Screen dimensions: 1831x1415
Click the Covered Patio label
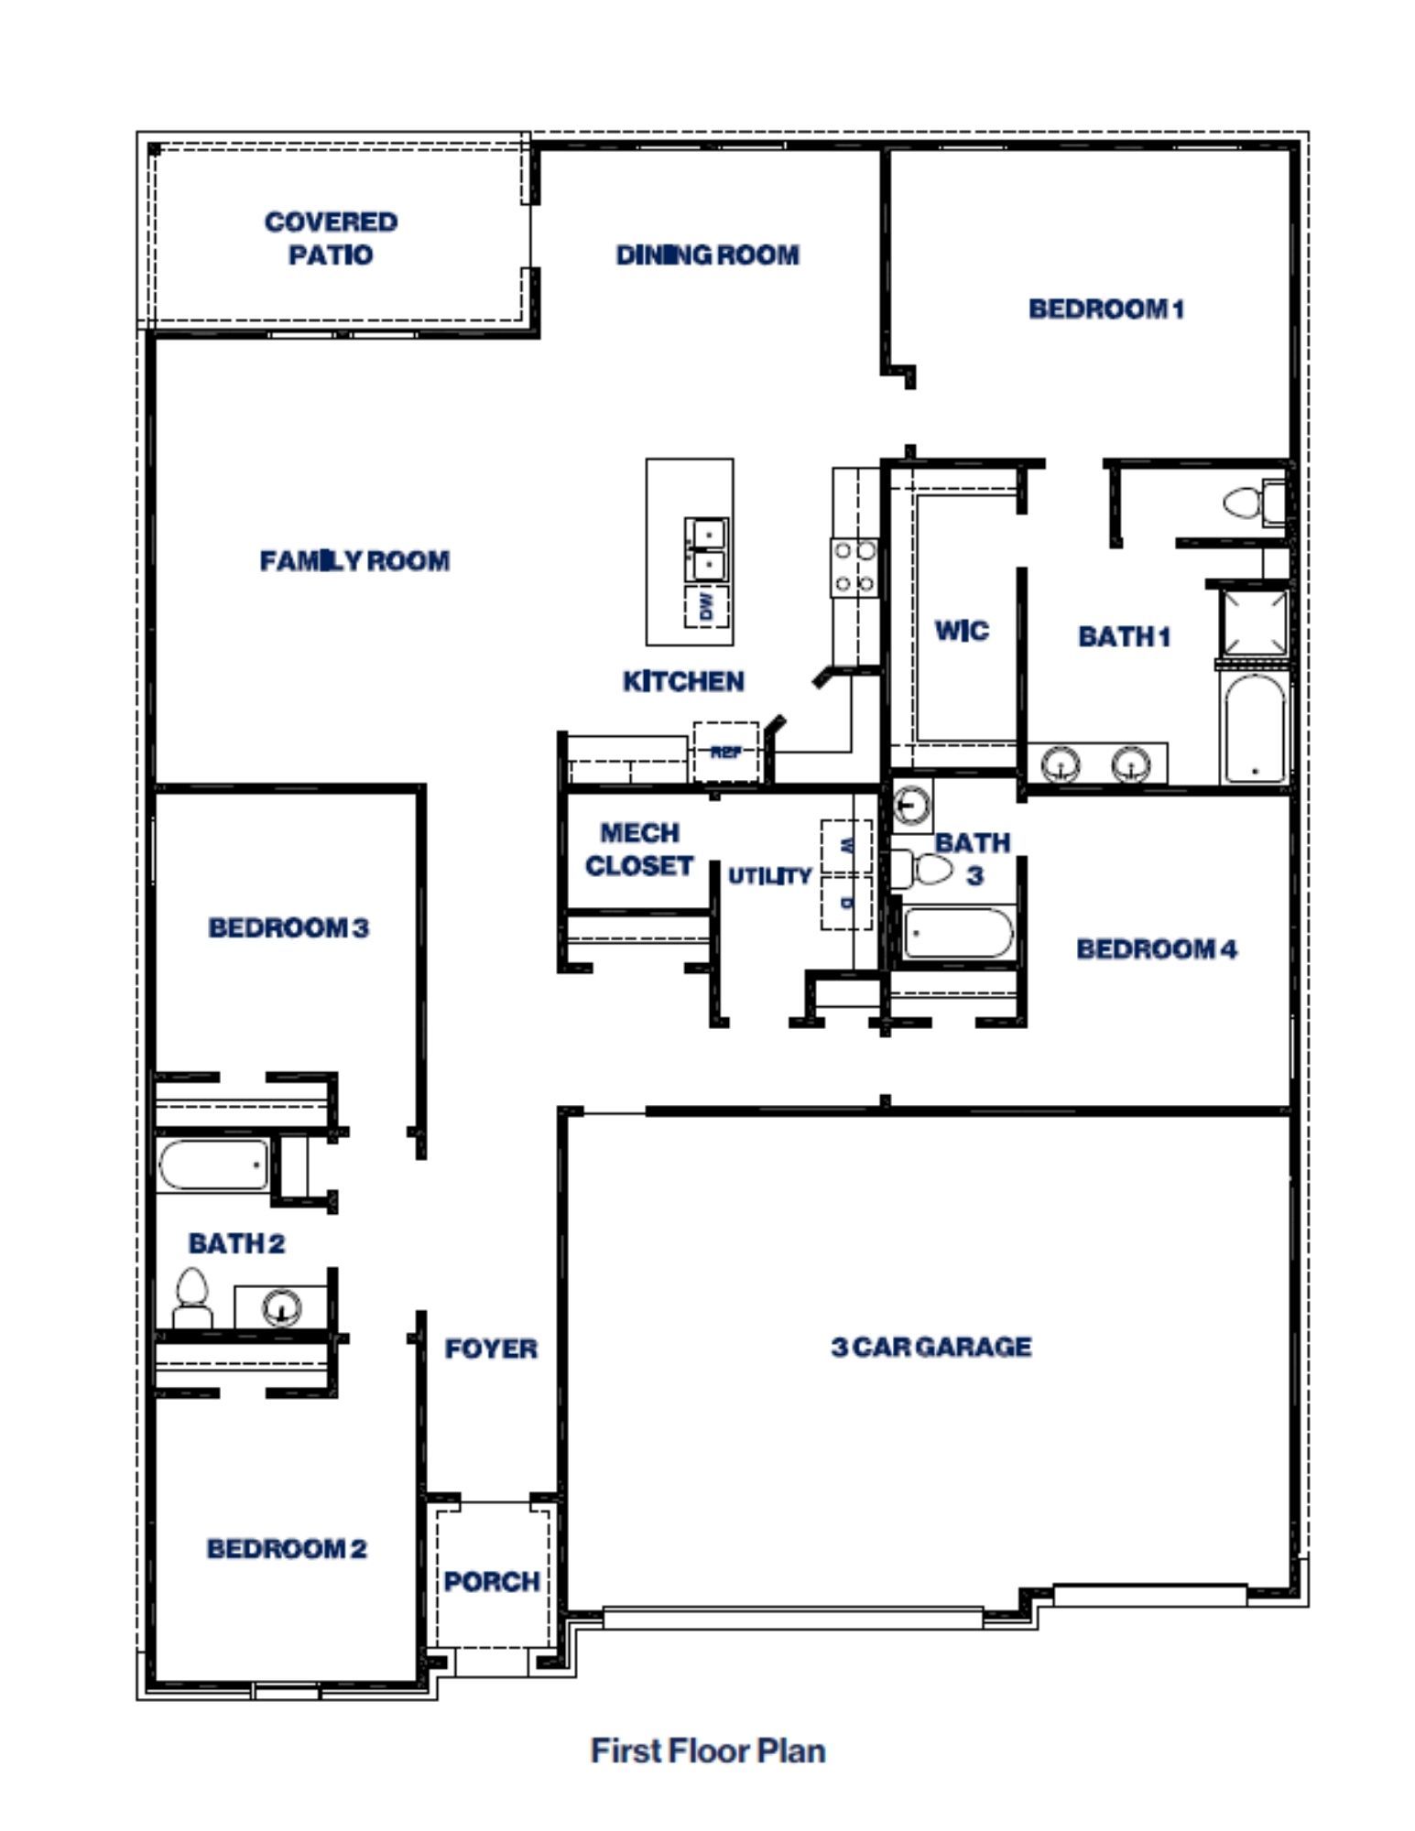tap(331, 238)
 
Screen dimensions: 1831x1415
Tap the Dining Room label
tap(707, 255)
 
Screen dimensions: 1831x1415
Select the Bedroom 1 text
tap(1105, 309)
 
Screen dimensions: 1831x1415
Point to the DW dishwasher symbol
tap(707, 606)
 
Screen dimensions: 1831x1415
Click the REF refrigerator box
tap(725, 752)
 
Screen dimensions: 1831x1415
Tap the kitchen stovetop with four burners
tap(854, 567)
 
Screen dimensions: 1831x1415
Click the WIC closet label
tap(961, 630)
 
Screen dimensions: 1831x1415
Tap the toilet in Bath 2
tap(192, 1298)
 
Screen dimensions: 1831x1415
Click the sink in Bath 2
tap(281, 1306)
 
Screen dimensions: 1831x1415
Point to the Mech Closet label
tap(639, 849)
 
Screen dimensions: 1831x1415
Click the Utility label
tap(769, 876)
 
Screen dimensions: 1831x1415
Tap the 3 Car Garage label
tap(931, 1347)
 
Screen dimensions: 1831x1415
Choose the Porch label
tap(492, 1581)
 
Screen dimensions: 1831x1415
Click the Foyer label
tap(491, 1349)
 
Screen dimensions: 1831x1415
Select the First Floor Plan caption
tap(708, 1750)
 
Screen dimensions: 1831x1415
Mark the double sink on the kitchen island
tap(707, 548)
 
